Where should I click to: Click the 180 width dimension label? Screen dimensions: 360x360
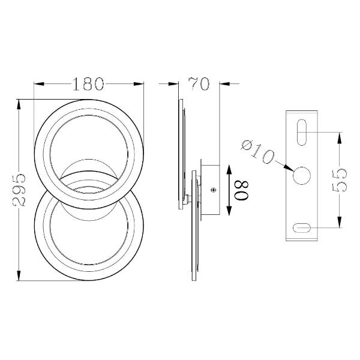coord(88,84)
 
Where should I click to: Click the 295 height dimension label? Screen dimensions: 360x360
coord(19,190)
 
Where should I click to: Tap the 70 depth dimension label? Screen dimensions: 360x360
coord(199,84)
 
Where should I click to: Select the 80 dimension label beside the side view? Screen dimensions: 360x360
coord(242,190)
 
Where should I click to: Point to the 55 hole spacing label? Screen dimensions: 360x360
coord(340,180)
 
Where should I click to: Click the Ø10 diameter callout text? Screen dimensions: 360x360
coord(257,152)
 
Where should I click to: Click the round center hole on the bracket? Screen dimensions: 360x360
coord(302,176)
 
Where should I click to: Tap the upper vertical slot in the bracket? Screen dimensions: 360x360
coord(302,132)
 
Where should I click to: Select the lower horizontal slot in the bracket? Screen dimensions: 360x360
coord(302,228)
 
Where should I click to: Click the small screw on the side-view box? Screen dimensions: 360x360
coord(214,190)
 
